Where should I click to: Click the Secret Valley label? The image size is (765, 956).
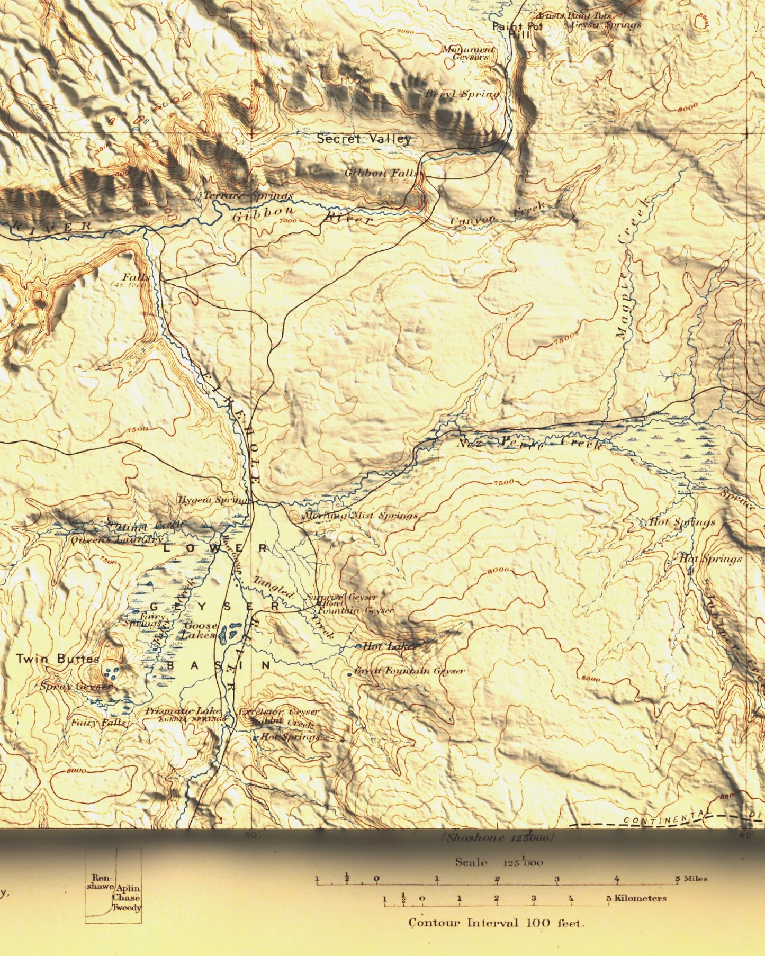364,139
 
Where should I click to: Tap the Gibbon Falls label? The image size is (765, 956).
382,173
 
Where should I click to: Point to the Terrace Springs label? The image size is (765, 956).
248,195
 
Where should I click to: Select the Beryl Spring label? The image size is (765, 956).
462,94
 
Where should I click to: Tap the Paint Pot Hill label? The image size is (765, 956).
515,30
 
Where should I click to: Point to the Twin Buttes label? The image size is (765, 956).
57,659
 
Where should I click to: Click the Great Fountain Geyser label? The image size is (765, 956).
410,671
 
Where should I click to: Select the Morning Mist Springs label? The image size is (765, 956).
360,515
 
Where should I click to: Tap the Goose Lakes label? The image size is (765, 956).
200,630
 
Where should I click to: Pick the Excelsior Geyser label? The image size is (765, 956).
279,711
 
